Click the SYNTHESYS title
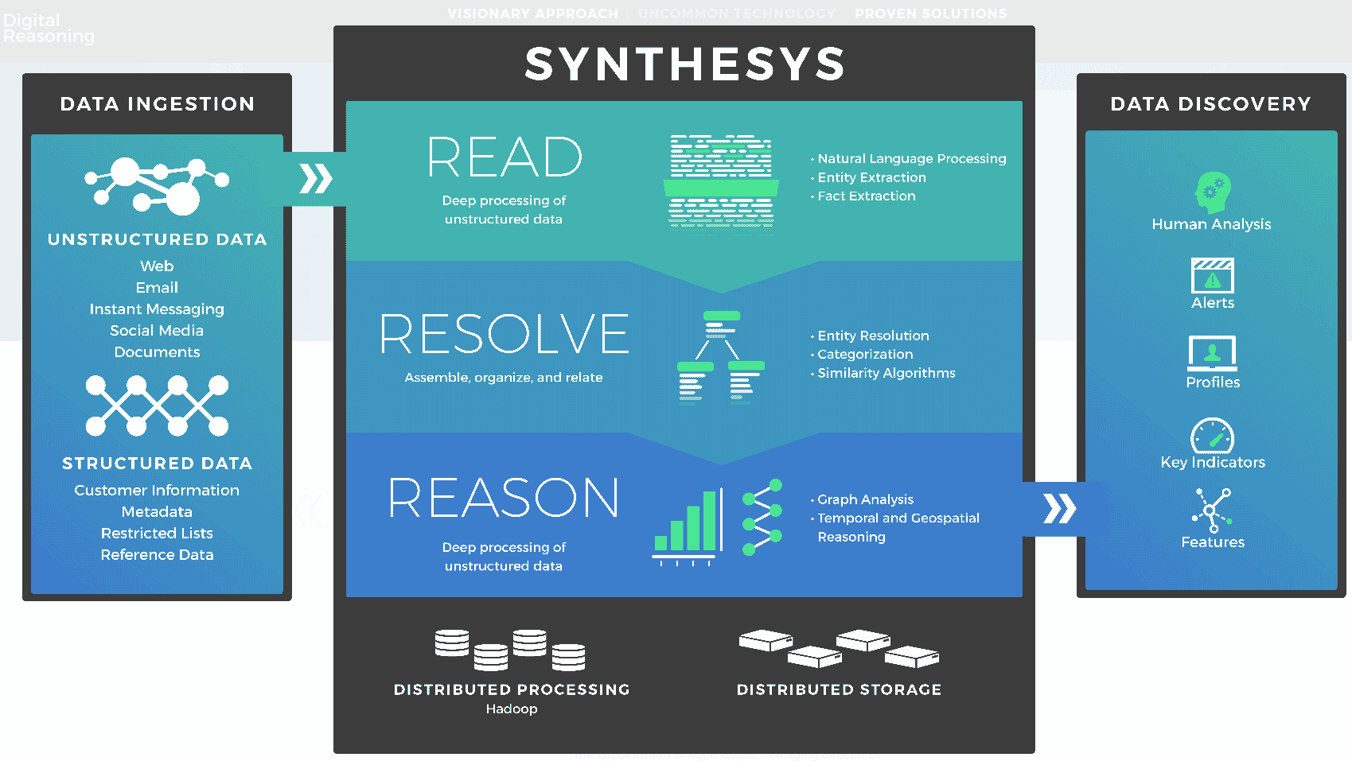[684, 64]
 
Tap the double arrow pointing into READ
[316, 179]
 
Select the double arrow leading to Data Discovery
[1060, 508]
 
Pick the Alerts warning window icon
[1212, 276]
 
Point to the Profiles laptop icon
[1212, 353]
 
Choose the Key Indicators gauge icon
[1212, 436]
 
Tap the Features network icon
[1212, 510]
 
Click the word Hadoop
[512, 709]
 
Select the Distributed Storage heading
[839, 689]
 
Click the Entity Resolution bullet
[873, 336]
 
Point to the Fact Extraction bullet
[867, 196]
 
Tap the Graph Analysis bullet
[865, 499]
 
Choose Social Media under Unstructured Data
[157, 330]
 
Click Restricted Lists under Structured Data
[157, 533]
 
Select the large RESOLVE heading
[505, 334]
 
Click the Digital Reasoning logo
[48, 28]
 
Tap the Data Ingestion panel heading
[158, 104]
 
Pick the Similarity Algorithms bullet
[886, 373]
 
